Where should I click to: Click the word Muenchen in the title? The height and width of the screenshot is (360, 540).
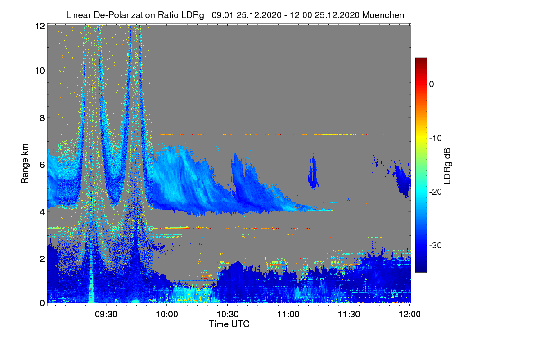383,15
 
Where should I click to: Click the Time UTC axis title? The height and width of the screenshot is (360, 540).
229,324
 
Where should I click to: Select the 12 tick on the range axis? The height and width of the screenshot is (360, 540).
39,26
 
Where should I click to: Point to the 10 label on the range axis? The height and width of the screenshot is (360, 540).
39,71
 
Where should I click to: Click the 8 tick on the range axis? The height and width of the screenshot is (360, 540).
41,118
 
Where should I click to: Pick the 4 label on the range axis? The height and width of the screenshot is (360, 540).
41,211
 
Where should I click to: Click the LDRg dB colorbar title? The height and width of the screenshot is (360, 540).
447,166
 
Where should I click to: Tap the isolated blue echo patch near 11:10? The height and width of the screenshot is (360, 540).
313,172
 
